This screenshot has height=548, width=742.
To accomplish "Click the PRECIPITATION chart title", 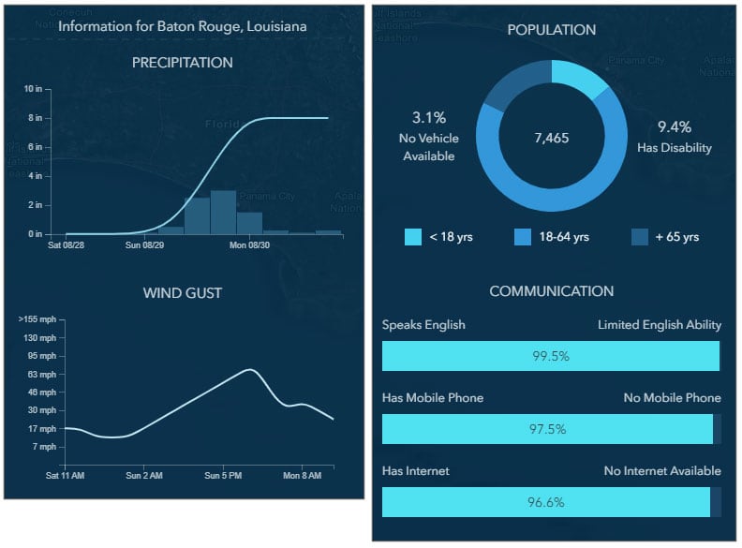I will pyautogui.click(x=182, y=63).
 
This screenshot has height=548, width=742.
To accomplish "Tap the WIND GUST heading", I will pyautogui.click(x=182, y=293).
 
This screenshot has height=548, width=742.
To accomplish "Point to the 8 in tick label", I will pyautogui.click(x=36, y=118).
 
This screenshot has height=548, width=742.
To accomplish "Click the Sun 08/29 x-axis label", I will pyautogui.click(x=144, y=245).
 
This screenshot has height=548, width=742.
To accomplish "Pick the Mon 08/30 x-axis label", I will pyautogui.click(x=250, y=245).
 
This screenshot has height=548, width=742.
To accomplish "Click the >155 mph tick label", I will pyautogui.click(x=37, y=319).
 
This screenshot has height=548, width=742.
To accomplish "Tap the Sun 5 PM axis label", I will pyautogui.click(x=223, y=476).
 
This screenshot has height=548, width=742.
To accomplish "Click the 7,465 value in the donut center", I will pyautogui.click(x=551, y=138).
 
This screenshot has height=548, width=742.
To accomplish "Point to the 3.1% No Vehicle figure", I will pyautogui.click(x=429, y=118).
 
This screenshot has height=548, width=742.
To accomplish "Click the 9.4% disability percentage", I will pyautogui.click(x=674, y=127).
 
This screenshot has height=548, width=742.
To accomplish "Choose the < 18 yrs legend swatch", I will pyautogui.click(x=413, y=237).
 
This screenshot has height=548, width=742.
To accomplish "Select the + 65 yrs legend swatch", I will pyautogui.click(x=640, y=237).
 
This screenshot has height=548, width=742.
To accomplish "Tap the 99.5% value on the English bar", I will pyautogui.click(x=550, y=356).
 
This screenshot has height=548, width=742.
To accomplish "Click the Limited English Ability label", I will pyautogui.click(x=660, y=325).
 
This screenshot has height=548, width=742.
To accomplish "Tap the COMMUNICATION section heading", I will pyautogui.click(x=551, y=291).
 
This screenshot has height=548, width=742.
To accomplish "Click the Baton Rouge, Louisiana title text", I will pyautogui.click(x=182, y=26).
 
